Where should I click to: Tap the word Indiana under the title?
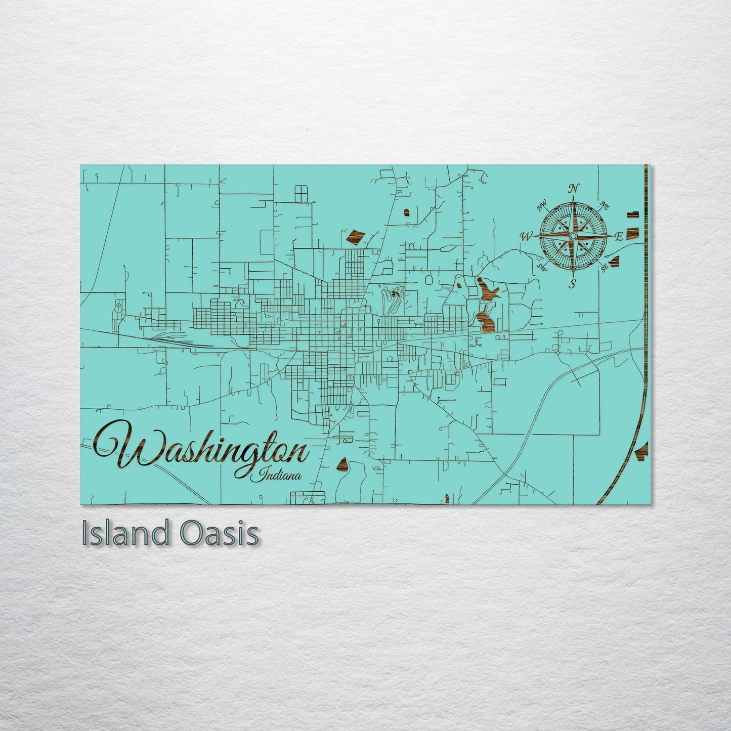tap(280, 475)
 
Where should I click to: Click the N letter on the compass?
tap(573, 189)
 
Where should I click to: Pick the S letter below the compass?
tap(573, 283)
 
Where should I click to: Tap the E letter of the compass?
tap(618, 237)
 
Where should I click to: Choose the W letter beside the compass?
tap(526, 236)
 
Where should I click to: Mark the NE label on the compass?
tap(604, 204)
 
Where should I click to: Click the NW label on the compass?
tap(542, 205)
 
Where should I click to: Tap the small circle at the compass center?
tap(573, 236)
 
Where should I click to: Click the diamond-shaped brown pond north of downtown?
tap(355, 236)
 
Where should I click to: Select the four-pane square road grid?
tap(301, 193)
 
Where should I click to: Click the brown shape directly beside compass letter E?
tap(632, 233)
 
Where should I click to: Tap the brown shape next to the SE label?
tap(616, 261)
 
